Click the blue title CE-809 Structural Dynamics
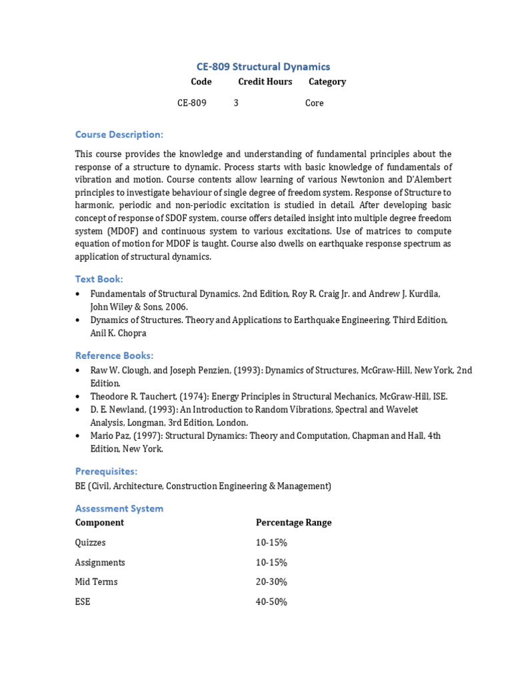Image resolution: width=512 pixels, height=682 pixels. tap(263, 67)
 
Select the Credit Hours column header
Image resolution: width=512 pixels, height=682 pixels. tap(265, 81)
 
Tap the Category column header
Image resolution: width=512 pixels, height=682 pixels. tap(327, 81)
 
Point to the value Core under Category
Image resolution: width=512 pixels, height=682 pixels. tap(314, 103)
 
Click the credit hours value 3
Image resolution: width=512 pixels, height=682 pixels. tap(236, 103)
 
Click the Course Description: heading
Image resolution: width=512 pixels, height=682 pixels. tap(119, 135)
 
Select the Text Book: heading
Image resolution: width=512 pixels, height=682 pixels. tap(99, 279)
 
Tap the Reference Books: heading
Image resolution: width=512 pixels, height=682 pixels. tap(114, 355)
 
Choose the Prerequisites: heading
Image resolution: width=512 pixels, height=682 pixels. tap(106, 471)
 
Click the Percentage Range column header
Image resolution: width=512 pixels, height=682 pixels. tap(293, 522)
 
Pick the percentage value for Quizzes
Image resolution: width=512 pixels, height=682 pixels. tap(271, 542)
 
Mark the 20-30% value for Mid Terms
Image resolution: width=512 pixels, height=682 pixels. tap(271, 581)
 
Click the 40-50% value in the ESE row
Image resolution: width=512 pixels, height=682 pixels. tap(271, 601)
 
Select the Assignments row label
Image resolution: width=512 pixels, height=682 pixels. tap(100, 562)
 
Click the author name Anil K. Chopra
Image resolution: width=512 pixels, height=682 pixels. tap(118, 333)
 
